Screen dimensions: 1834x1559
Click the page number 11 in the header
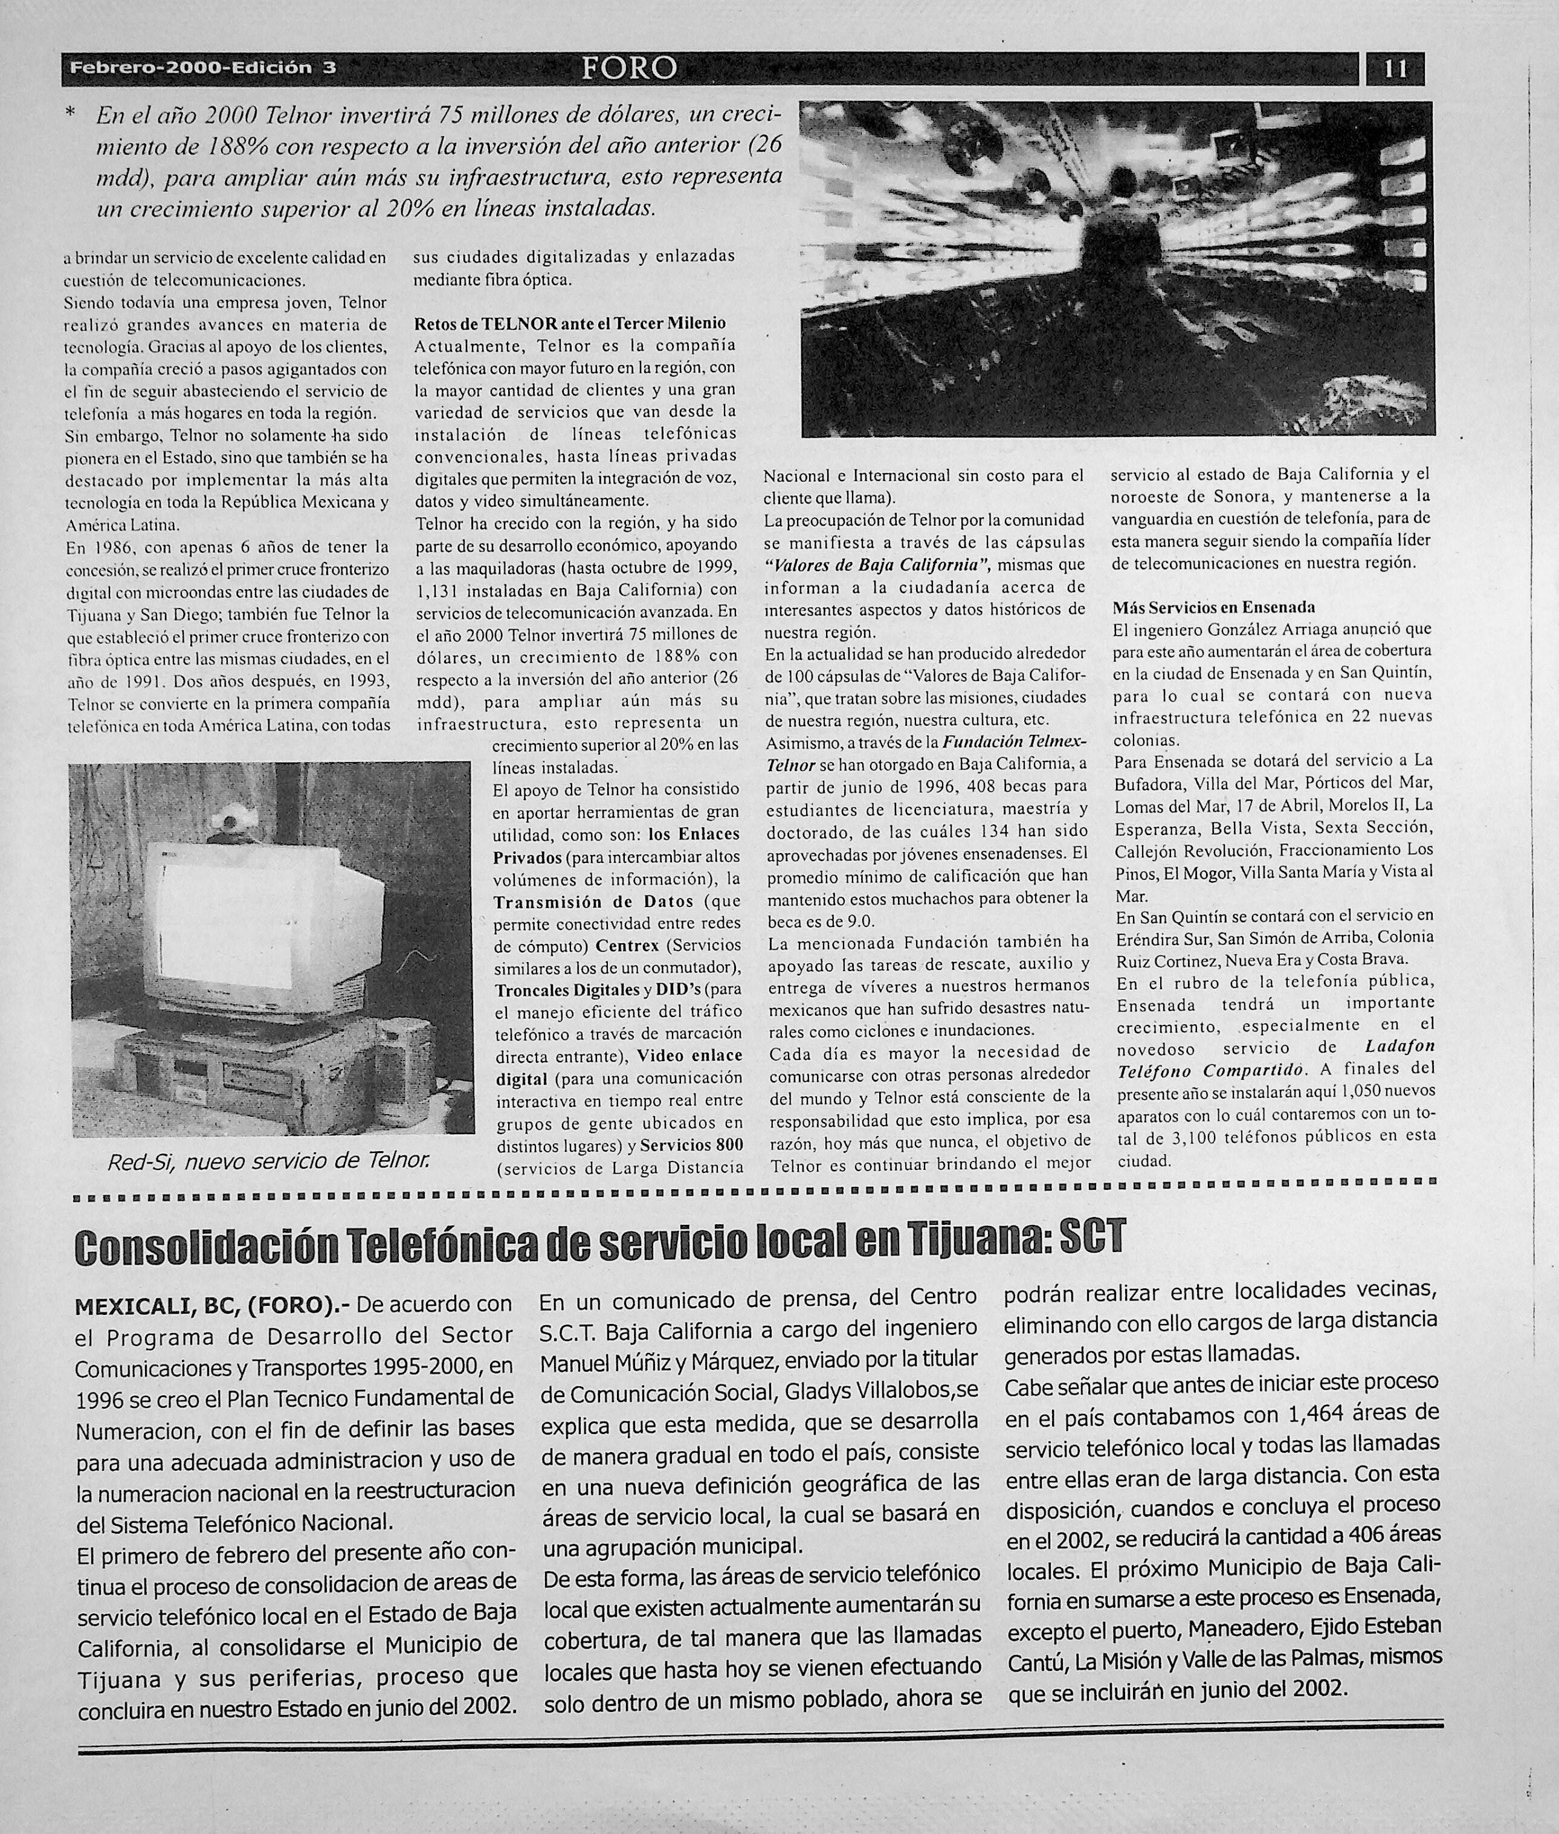click(x=1395, y=69)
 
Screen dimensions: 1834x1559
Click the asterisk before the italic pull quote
click(x=71, y=115)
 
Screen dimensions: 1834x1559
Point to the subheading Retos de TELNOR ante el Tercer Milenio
click(x=569, y=323)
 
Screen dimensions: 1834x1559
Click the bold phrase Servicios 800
click(x=691, y=1145)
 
